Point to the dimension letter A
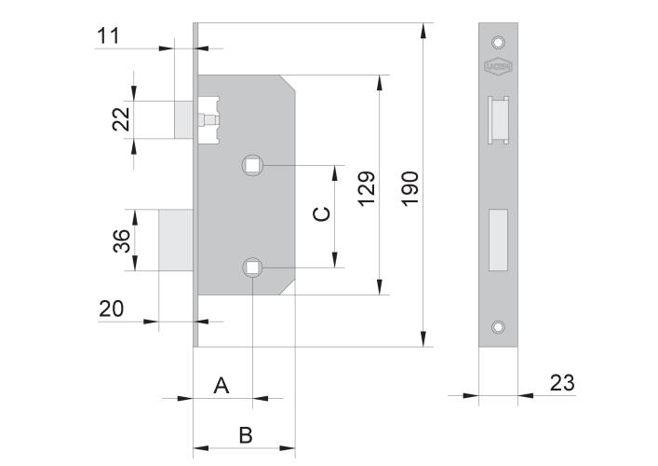pyautogui.click(x=222, y=385)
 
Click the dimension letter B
pyautogui.click(x=245, y=434)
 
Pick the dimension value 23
pyautogui.click(x=561, y=382)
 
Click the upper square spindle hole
pyautogui.click(x=252, y=166)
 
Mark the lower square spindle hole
pyautogui.click(x=252, y=268)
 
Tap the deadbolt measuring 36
pyautogui.click(x=175, y=240)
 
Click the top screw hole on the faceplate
pyautogui.click(x=498, y=42)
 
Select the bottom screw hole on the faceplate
pyautogui.click(x=498, y=327)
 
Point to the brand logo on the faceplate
pyautogui.click(x=498, y=66)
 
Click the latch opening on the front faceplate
pyautogui.click(x=498, y=117)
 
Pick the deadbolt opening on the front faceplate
pyautogui.click(x=498, y=239)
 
